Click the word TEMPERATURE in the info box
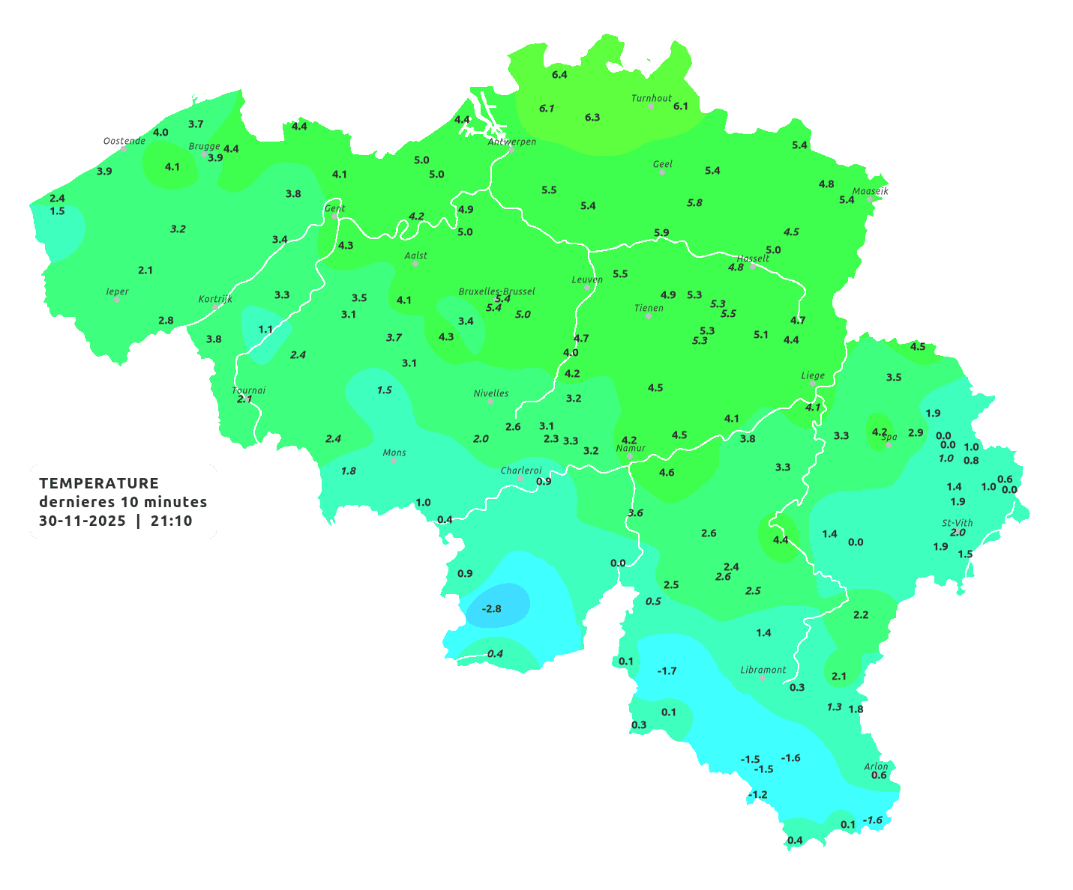pos(99,483)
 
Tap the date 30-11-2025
pos(82,521)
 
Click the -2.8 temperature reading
pos(492,608)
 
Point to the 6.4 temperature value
pos(559,75)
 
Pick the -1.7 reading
pos(667,670)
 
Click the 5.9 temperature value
pos(661,233)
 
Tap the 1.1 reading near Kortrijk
pos(265,330)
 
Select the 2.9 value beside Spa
pos(916,433)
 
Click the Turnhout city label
pos(652,98)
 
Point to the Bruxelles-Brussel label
pos(497,291)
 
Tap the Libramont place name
pos(763,670)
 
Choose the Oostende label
pos(124,141)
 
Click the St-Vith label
pos(958,523)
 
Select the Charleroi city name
pos(521,470)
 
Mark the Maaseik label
pos(871,191)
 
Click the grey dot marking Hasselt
pos(753,266)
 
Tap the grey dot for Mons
pos(394,461)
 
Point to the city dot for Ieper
pos(117,300)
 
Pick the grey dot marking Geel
pos(662,172)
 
